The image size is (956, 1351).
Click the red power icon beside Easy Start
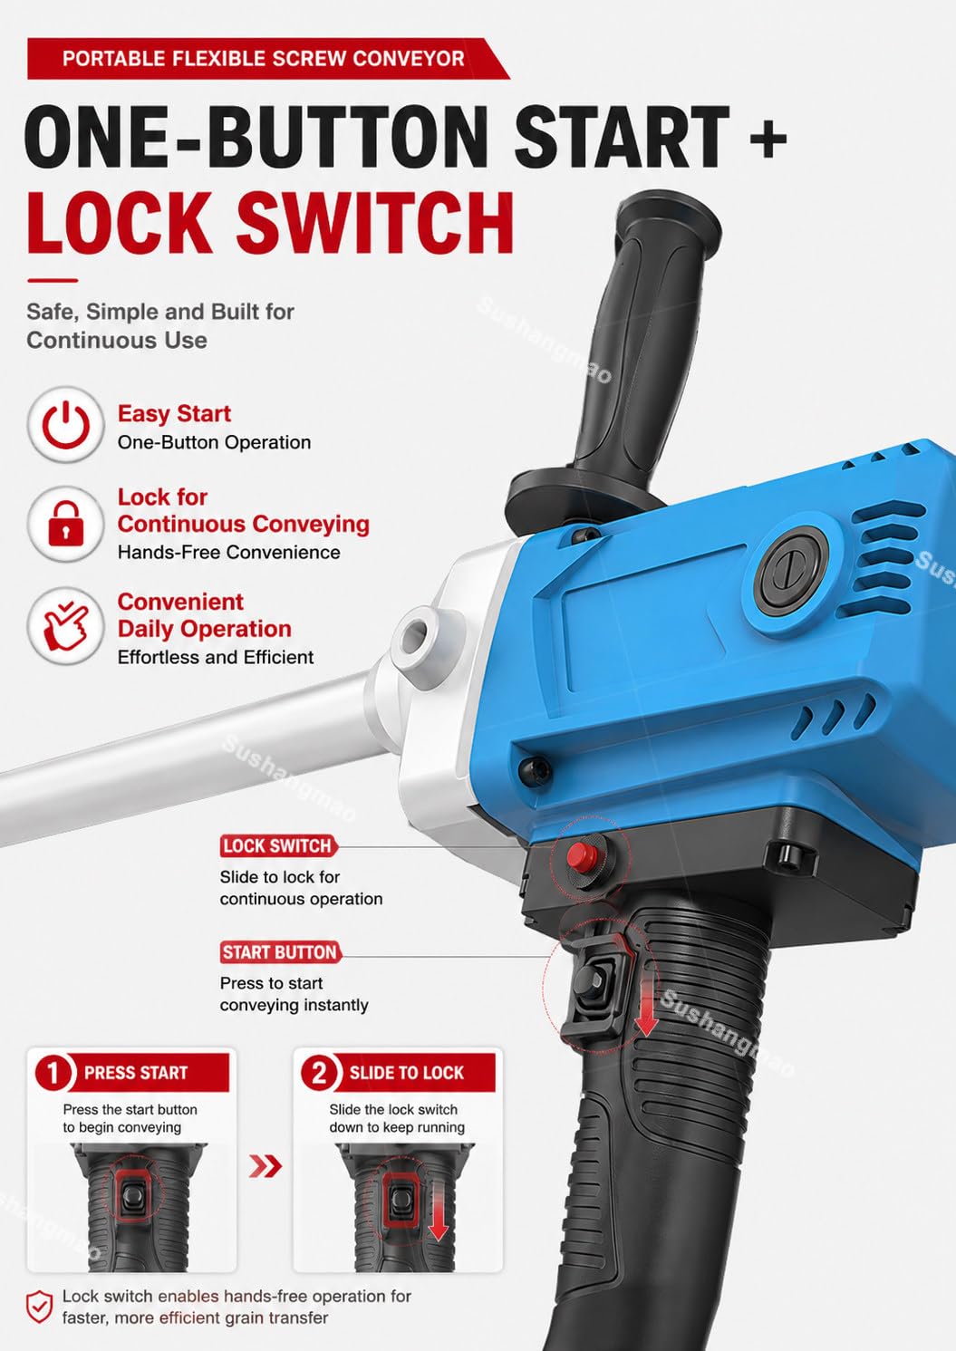coord(66,425)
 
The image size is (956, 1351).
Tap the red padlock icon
coord(66,524)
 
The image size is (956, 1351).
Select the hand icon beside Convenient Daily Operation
coord(66,626)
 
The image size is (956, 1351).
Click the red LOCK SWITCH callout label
coord(278,845)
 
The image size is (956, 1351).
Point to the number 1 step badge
coord(53,1072)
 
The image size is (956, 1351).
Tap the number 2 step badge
coord(318,1072)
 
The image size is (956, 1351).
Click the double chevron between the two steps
coord(265,1166)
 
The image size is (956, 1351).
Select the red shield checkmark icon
coord(39,1308)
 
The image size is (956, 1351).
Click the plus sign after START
coord(768,140)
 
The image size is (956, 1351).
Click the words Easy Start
coord(174,414)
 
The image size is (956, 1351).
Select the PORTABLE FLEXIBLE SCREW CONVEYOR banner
coord(268,59)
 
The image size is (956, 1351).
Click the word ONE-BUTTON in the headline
coord(256,138)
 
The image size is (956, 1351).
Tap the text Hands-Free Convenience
coord(228,552)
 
